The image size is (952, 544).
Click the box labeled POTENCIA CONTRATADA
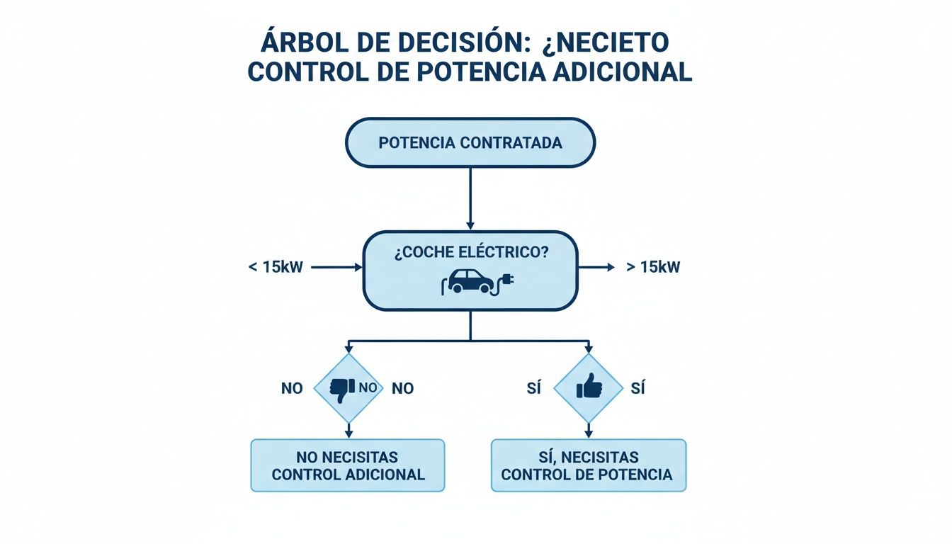[470, 142]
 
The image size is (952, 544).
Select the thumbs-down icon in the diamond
[342, 389]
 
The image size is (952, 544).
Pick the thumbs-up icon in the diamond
[589, 387]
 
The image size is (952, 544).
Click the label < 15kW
[275, 268]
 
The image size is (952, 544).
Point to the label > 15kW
[653, 268]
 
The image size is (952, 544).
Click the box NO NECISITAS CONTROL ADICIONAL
[348, 465]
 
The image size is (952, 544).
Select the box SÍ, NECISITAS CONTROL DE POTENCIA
[588, 465]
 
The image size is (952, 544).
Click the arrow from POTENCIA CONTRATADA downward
[470, 198]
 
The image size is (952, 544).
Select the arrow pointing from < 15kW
[336, 268]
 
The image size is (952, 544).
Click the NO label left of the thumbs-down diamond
[292, 388]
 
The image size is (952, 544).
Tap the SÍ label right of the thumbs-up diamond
[637, 388]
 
